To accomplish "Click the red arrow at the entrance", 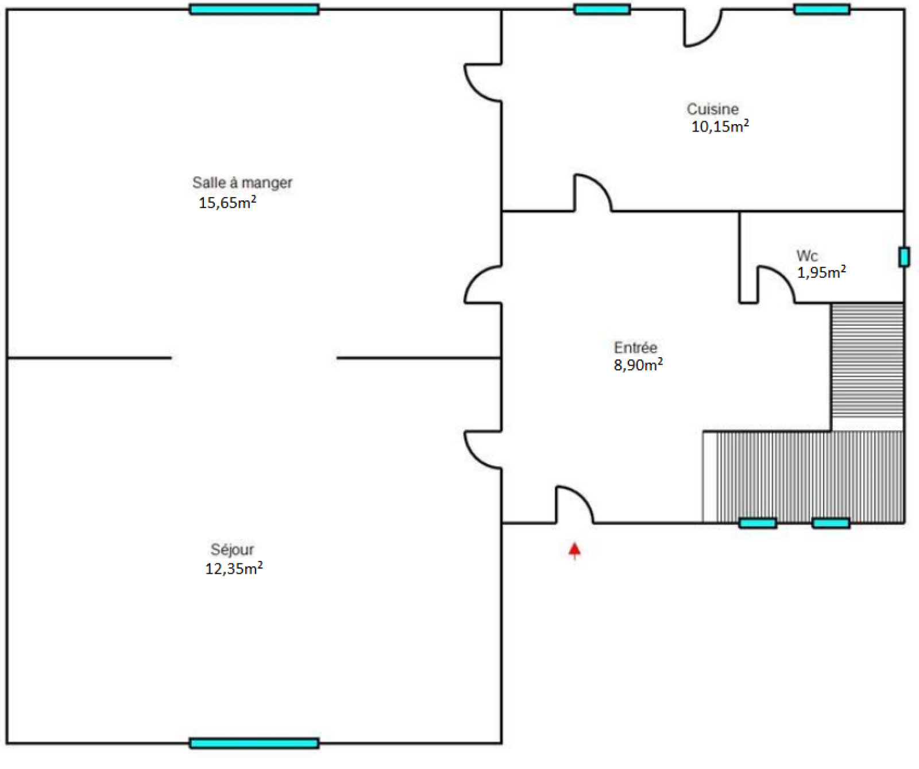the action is (574, 550).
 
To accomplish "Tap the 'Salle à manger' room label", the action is (242, 183).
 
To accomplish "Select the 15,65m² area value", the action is (227, 202).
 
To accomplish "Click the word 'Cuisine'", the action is (712, 109).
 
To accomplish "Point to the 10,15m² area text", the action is (720, 126).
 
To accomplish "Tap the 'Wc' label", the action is (807, 256).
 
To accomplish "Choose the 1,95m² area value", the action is (821, 272).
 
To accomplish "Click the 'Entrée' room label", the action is (635, 347).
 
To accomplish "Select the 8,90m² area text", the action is (638, 365).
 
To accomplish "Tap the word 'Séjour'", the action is (232, 550).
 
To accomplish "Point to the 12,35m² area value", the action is (234, 568).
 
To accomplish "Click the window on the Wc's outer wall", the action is (903, 257).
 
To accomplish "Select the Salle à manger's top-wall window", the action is (254, 9).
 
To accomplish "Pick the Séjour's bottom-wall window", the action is (254, 743).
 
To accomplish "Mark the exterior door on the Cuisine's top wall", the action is (711, 37).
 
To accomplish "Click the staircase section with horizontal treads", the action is (867, 361).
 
